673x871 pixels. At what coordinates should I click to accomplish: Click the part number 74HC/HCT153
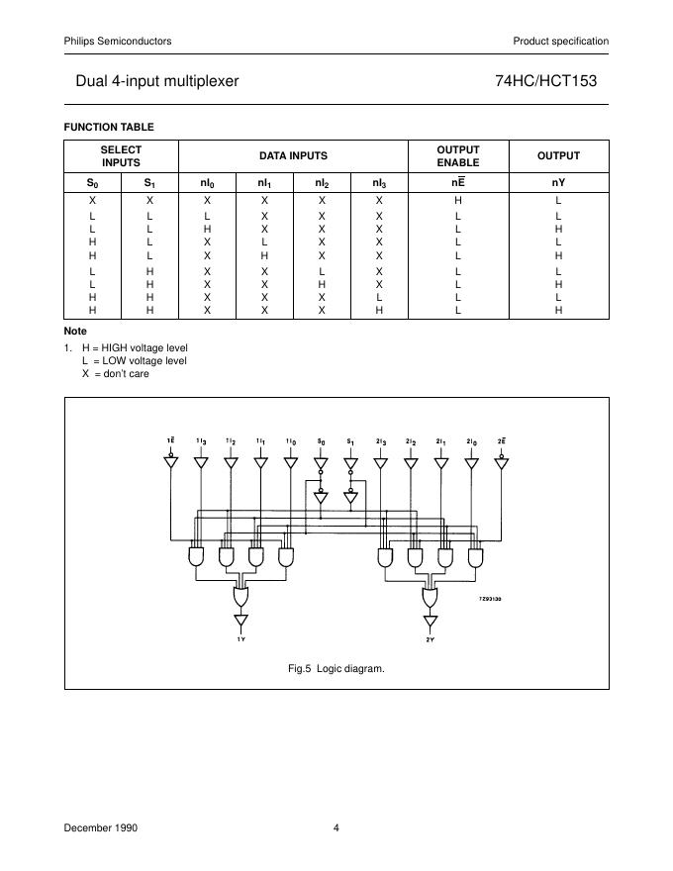(546, 82)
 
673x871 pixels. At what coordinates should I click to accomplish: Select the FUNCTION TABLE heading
(109, 126)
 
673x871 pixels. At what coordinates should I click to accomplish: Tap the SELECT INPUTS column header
(121, 155)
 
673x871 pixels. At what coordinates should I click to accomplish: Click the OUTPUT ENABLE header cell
(458, 155)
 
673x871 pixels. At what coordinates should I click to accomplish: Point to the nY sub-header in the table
(558, 183)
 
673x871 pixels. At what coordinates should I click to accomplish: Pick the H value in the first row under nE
(458, 201)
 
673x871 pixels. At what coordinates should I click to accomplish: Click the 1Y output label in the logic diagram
(240, 640)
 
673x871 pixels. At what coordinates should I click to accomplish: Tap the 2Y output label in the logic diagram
(430, 640)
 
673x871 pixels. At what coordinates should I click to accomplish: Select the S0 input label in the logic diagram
(320, 440)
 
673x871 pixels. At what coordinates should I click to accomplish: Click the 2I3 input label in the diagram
(380, 440)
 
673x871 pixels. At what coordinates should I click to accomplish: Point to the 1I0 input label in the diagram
(290, 440)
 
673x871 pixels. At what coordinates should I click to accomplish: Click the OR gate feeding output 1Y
(240, 597)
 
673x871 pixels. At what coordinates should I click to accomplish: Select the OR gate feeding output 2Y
(430, 597)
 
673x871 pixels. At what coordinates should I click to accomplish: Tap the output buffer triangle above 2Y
(430, 622)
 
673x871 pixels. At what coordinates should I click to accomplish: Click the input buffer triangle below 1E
(171, 462)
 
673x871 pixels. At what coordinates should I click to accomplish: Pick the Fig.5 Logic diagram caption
(336, 669)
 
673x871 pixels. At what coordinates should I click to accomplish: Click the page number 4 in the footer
(336, 827)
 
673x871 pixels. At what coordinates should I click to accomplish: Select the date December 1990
(101, 827)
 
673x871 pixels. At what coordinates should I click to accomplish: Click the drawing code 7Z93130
(490, 599)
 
